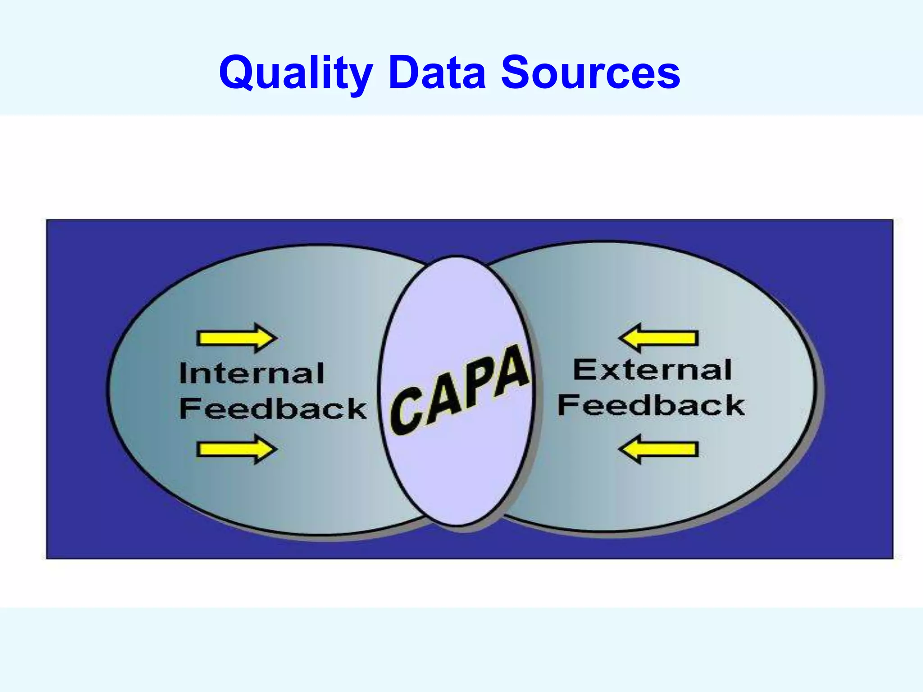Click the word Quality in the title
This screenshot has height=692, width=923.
pyautogui.click(x=296, y=73)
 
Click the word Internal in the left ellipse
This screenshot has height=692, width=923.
pyautogui.click(x=251, y=373)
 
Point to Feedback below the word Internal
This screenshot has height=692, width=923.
pyautogui.click(x=273, y=409)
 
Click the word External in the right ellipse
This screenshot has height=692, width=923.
pyautogui.click(x=652, y=370)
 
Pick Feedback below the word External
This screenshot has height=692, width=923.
pyautogui.click(x=651, y=405)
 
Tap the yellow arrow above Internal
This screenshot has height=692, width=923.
pyautogui.click(x=237, y=337)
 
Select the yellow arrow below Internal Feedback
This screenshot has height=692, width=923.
pyautogui.click(x=237, y=449)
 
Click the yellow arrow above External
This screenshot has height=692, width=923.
pyautogui.click(x=658, y=337)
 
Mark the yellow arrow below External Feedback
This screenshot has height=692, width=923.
pyautogui.click(x=658, y=449)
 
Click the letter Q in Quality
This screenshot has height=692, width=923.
pyautogui.click(x=238, y=72)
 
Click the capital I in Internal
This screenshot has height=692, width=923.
pyautogui.click(x=183, y=373)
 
